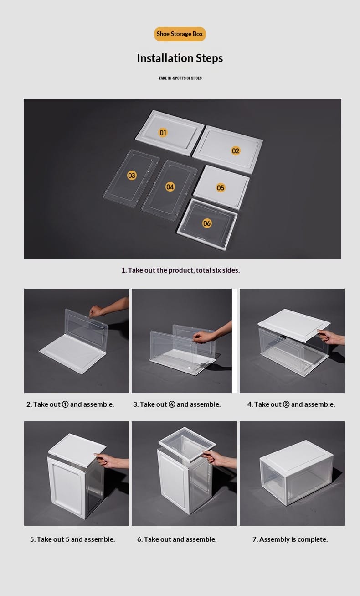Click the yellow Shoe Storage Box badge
(180, 34)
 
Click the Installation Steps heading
(180, 58)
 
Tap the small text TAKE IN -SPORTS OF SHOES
(180, 78)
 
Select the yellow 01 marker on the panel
(163, 133)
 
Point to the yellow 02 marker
(236, 151)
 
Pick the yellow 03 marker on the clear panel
(132, 176)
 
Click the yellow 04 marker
(170, 187)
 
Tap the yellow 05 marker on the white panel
(221, 188)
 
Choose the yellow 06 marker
(207, 223)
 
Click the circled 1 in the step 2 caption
(65, 404)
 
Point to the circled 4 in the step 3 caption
(172, 404)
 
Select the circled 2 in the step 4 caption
(286, 404)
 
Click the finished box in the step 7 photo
(297, 472)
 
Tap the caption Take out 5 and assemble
(72, 539)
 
